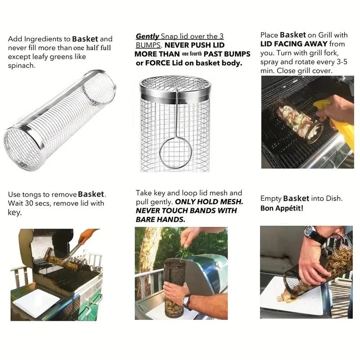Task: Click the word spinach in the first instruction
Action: [22, 66]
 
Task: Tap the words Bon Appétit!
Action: [282, 208]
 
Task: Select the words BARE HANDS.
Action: [160, 220]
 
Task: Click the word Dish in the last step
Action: [333, 198]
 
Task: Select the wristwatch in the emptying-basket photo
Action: [310, 233]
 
